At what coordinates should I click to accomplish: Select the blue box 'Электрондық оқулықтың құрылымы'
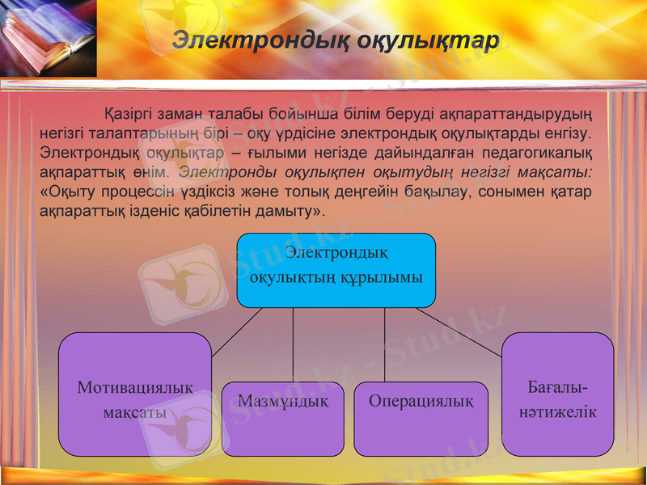pos(336,270)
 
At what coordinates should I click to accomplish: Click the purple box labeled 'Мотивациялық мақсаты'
pos(135,394)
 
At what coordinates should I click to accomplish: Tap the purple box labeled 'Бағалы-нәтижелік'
pos(558,394)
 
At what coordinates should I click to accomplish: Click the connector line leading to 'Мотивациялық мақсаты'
pos(237,332)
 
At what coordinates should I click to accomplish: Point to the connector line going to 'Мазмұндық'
pos(293,344)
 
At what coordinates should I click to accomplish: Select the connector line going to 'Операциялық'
pos(384,344)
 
